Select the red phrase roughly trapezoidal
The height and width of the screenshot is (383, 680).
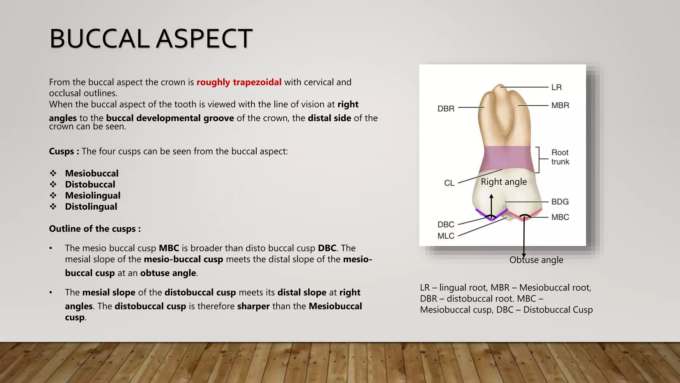239,82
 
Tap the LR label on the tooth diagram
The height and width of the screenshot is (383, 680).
556,87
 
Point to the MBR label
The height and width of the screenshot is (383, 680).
560,105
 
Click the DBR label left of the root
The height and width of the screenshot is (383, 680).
446,109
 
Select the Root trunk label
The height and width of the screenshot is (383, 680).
560,157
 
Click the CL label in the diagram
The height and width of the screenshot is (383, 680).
449,183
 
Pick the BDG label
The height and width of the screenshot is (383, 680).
560,202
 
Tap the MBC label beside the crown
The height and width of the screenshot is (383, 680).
560,217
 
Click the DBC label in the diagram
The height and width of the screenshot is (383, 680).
446,225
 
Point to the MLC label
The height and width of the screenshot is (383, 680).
446,236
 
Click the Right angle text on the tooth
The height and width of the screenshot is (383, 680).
504,182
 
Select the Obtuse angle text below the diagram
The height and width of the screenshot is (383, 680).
536,260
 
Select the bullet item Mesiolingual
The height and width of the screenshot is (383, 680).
93,195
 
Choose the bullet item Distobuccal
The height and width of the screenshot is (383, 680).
90,185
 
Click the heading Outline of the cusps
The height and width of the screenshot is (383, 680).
95,229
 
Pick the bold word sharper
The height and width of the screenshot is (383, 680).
253,306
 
